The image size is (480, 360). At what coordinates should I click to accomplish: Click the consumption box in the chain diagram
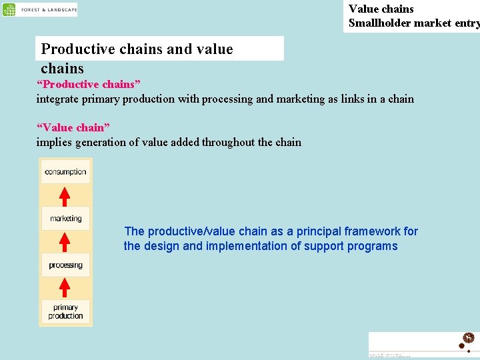coord(65,172)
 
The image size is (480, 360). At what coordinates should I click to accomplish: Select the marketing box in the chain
coord(65,218)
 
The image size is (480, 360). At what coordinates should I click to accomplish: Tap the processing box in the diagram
coord(65,265)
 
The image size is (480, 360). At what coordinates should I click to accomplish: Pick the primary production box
coord(65,311)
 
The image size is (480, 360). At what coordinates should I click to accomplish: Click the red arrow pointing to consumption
coord(65,197)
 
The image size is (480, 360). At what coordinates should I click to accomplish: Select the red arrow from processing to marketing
coord(65,241)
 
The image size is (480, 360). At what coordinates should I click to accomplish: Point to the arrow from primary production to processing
coord(65,288)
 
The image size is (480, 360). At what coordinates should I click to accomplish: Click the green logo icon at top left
coord(9,10)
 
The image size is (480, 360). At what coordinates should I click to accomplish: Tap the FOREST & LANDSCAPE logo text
coord(49,10)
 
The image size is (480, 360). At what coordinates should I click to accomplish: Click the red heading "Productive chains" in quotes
coord(89,85)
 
